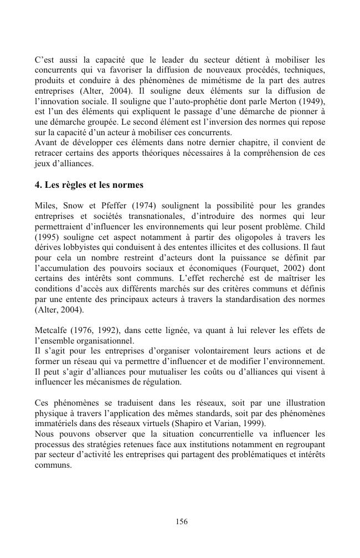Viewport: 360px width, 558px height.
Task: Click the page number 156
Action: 181,521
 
